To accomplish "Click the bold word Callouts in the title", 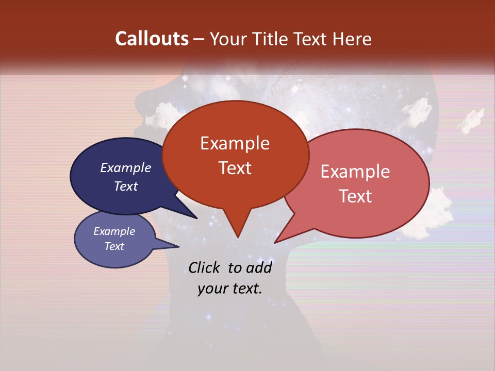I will click(152, 39).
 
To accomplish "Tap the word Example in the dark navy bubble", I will click(126, 168).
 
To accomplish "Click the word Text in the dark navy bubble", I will click(126, 187).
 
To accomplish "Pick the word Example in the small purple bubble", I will click(114, 231).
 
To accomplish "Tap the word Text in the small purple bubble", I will click(114, 246).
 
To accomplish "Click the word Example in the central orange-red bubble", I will click(235, 143).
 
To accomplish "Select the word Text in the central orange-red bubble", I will click(235, 168).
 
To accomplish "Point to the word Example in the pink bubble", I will click(355, 172).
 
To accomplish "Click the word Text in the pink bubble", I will click(355, 196).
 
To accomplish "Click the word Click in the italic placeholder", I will click(205, 267).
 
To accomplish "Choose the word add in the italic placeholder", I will click(259, 267).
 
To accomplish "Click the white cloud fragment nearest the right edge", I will click(471, 121).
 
